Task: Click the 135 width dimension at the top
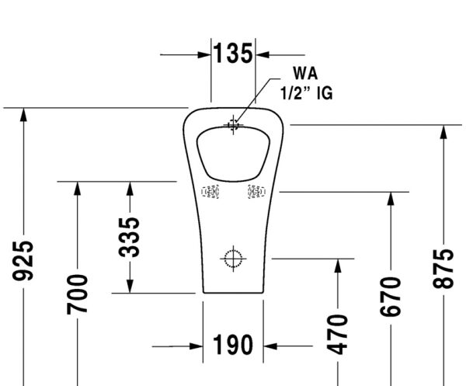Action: pos(233,54)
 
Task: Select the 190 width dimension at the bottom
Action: pos(233,345)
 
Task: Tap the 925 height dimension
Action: pos(25,260)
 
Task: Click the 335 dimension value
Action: pos(130,237)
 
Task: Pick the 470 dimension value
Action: pos(338,332)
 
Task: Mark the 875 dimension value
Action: pos(443,268)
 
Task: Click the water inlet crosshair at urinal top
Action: pos(233,124)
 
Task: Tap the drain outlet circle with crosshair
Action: pos(233,257)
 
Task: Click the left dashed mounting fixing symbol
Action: pos(210,192)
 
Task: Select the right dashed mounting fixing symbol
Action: pos(256,192)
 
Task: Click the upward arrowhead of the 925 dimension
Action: pos(25,114)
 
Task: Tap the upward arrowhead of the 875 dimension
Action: pos(443,131)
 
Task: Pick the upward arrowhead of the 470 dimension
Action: pos(338,266)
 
